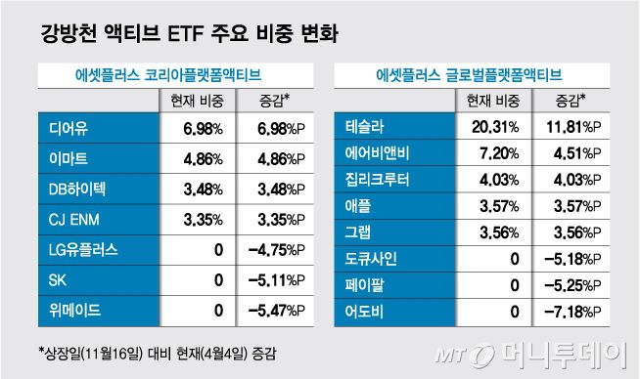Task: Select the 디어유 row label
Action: tap(65, 128)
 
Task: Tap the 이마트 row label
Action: tap(65, 157)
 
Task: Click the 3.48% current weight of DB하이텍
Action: tap(203, 188)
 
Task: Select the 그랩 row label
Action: tap(359, 232)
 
